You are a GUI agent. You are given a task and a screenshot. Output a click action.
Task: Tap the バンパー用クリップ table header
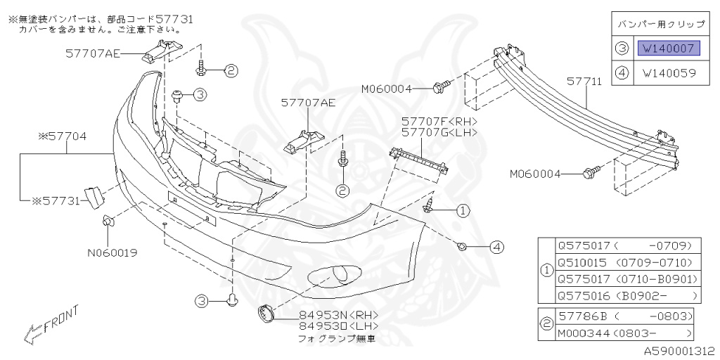660,24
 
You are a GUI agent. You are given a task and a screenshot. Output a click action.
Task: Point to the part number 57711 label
584,82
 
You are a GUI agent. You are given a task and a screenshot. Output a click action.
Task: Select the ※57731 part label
57,200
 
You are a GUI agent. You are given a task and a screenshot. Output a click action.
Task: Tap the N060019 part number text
112,251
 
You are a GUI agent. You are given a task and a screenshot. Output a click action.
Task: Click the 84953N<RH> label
329,316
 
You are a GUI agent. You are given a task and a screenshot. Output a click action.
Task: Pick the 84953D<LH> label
329,326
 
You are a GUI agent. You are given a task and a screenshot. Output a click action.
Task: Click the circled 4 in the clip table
622,72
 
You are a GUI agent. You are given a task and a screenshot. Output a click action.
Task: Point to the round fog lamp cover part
268,313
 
